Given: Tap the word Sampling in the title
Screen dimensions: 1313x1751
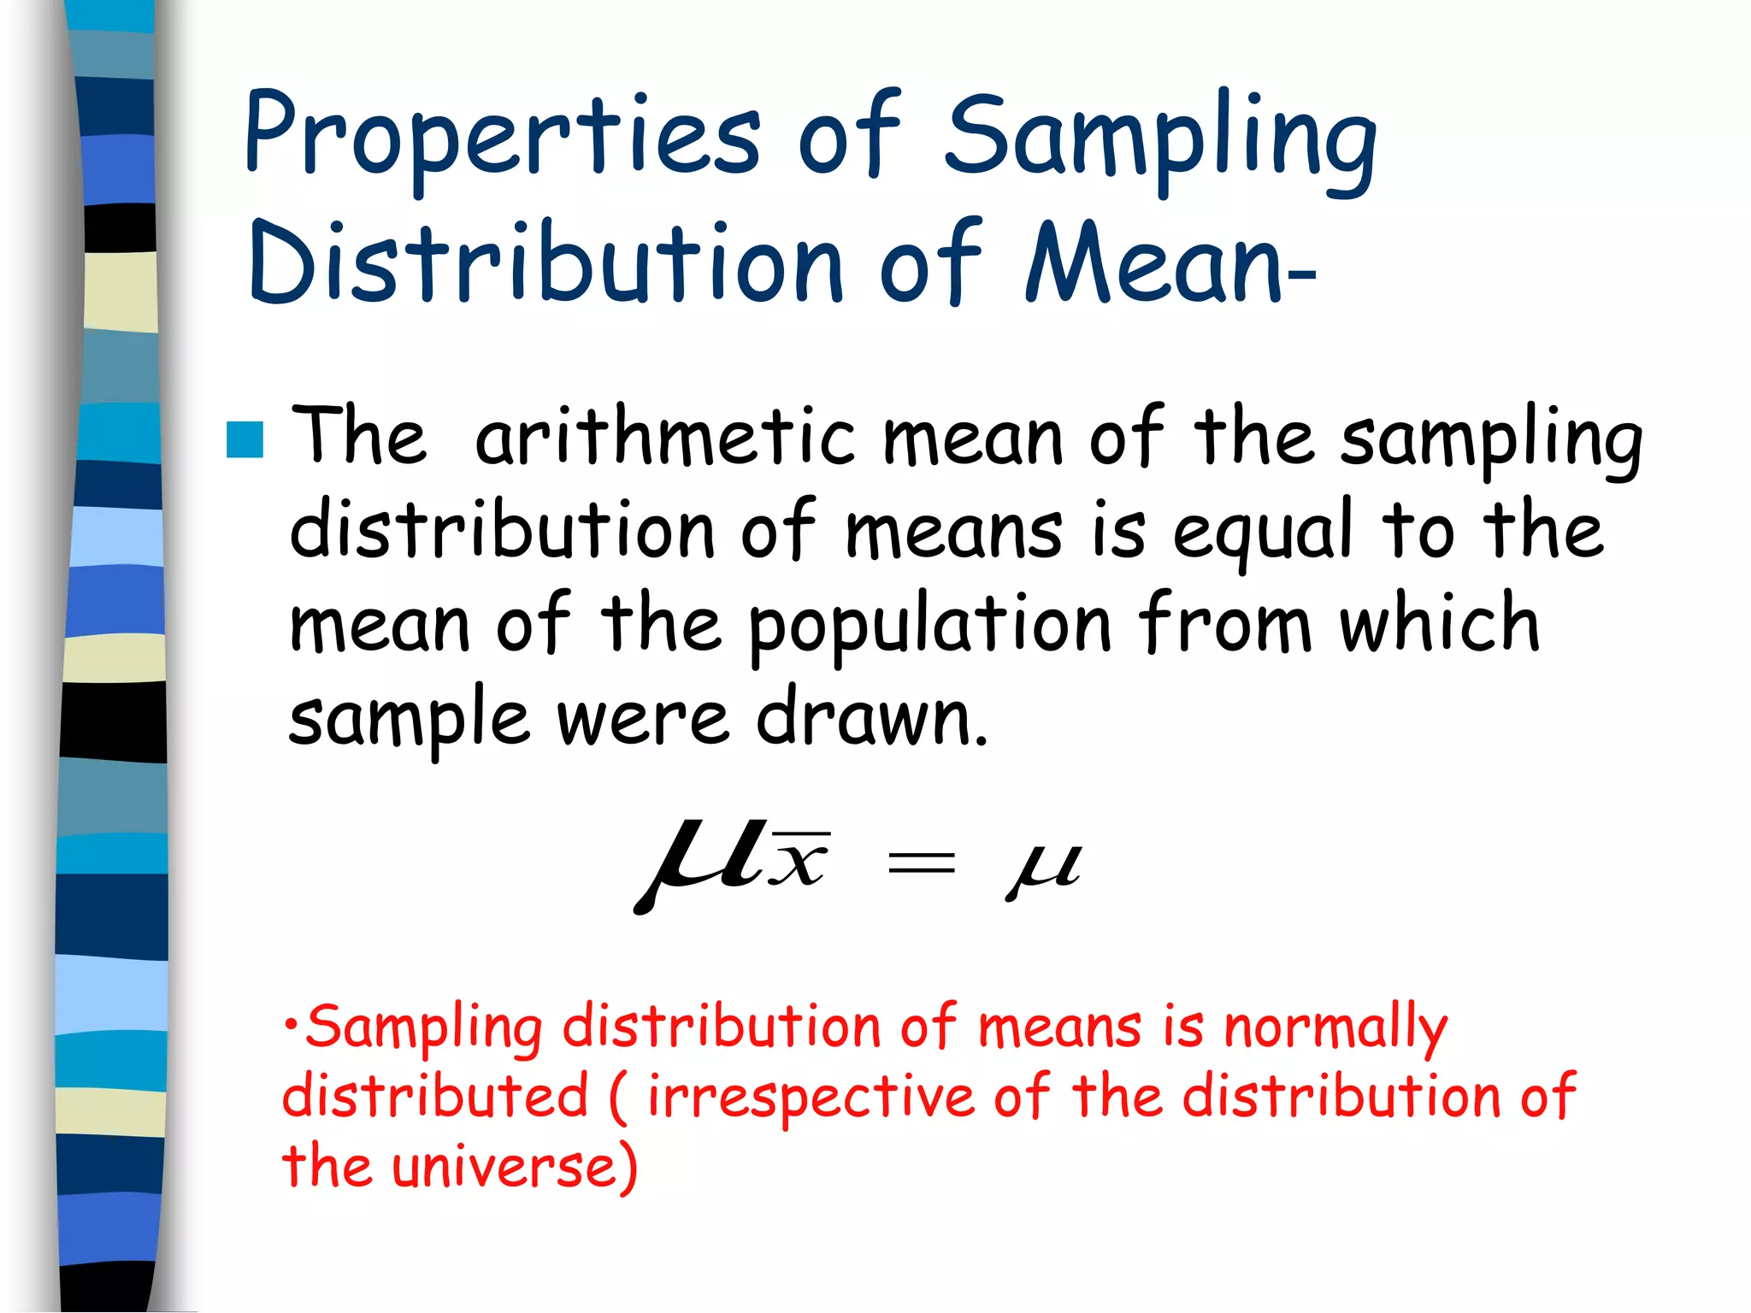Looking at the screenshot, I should coord(1160,137).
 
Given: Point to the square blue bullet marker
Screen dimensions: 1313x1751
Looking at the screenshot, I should coord(245,440).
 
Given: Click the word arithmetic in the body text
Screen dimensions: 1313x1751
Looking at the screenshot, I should coord(665,438).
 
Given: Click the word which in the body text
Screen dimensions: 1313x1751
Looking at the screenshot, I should coord(1440,622).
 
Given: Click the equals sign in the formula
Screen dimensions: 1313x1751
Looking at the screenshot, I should coord(921,863).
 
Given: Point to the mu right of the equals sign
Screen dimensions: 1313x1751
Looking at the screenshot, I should coord(1044,868).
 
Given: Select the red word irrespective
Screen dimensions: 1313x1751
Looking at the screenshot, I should coord(811,1098).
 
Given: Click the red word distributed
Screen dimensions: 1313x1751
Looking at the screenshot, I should coord(436,1097).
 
